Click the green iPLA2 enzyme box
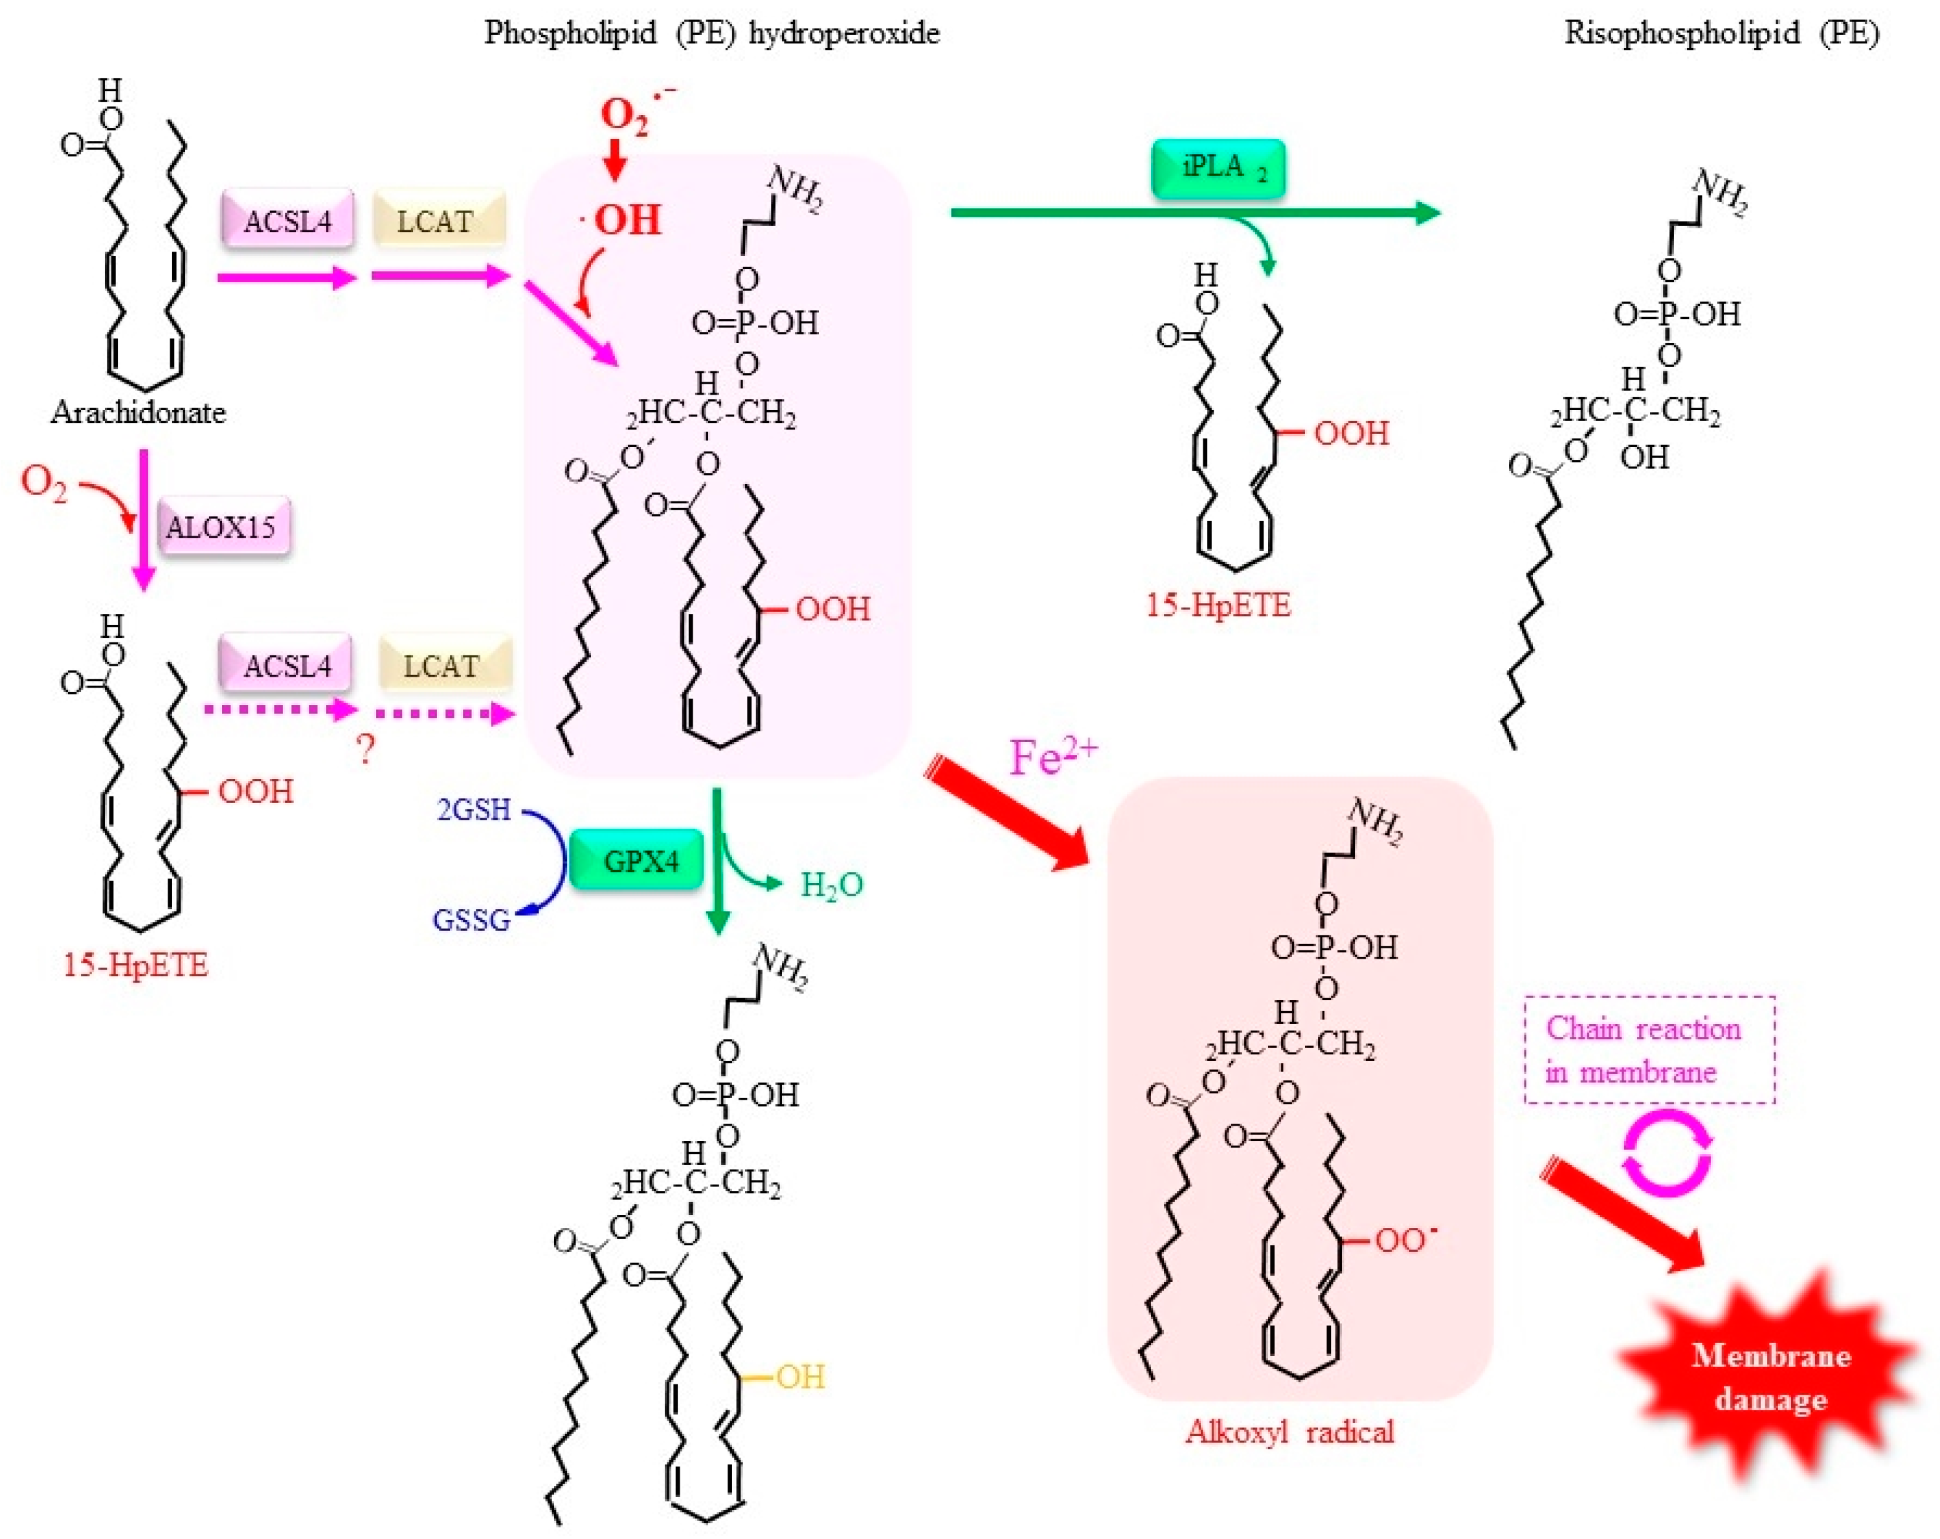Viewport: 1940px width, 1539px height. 1218,168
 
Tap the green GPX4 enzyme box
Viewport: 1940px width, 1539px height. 636,861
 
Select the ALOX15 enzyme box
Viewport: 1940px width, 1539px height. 224,526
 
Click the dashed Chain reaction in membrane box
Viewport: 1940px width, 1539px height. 1649,1050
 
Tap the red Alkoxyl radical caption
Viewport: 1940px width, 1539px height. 1289,1431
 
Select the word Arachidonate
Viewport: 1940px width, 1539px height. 138,412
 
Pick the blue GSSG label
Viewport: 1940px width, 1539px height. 471,920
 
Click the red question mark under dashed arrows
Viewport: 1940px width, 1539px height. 364,748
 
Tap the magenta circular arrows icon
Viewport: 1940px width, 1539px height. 1666,1153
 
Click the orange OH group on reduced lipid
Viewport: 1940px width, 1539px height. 800,1376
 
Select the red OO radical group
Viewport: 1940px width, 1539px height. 1405,1239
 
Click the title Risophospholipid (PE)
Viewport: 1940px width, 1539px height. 1721,33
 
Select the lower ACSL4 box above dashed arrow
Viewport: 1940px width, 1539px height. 286,666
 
